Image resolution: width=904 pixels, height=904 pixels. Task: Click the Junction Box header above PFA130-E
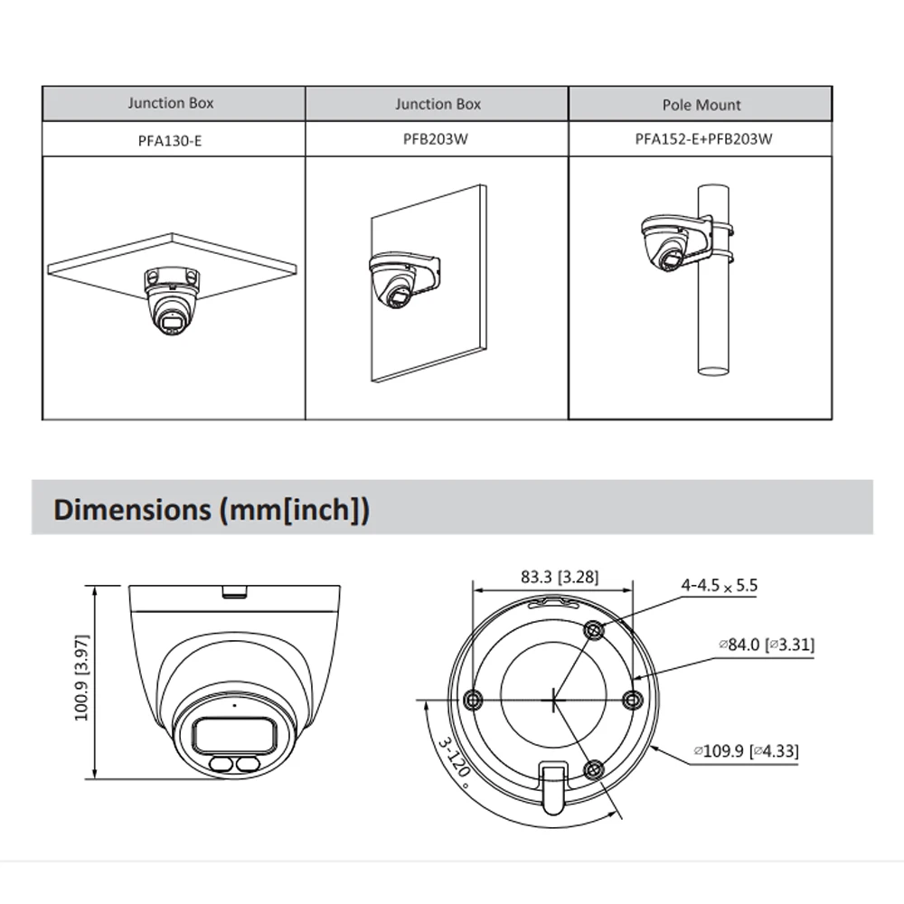pyautogui.click(x=171, y=103)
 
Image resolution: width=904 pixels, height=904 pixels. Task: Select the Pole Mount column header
pyautogui.click(x=702, y=105)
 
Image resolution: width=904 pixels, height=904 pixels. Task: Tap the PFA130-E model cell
pyautogui.click(x=171, y=140)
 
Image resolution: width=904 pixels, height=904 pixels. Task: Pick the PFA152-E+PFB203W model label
pyautogui.click(x=702, y=140)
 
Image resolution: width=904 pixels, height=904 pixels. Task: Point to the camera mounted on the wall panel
pyautogui.click(x=398, y=280)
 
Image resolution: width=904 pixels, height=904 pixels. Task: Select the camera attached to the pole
pyautogui.click(x=673, y=240)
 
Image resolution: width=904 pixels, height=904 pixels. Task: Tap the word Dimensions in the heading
pyautogui.click(x=130, y=509)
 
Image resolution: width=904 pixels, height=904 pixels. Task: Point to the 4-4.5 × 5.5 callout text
pyautogui.click(x=719, y=586)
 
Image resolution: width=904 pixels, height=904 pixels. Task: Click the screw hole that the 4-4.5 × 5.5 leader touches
pyautogui.click(x=593, y=631)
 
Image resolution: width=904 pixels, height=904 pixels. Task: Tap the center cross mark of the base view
pyautogui.click(x=553, y=699)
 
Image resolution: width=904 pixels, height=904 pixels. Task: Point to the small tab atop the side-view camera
pyautogui.click(x=235, y=592)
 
